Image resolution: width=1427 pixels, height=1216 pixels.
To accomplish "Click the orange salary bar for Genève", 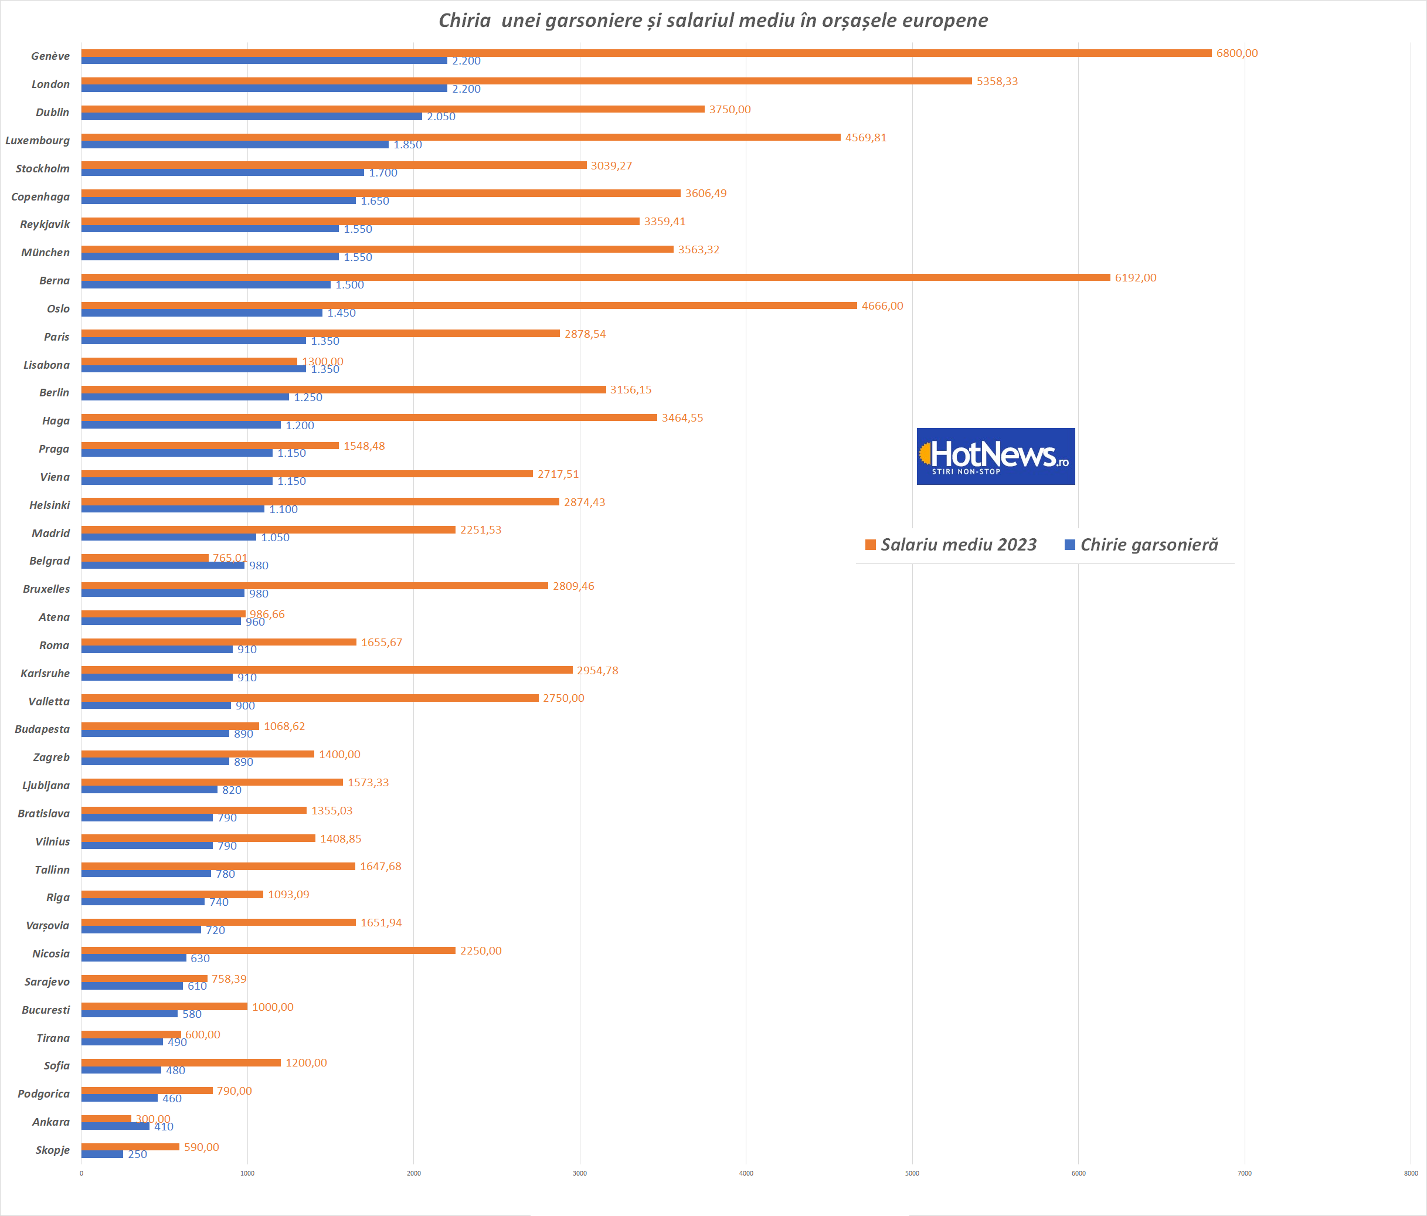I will [646, 53].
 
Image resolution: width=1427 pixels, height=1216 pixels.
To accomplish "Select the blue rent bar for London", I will [264, 89].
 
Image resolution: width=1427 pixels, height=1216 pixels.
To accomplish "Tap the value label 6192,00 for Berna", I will [1135, 278].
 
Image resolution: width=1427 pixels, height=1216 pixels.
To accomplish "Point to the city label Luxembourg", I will [38, 141].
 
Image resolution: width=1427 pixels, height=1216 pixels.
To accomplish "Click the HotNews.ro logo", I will [995, 457].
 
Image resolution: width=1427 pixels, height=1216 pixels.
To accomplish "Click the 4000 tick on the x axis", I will [746, 1173].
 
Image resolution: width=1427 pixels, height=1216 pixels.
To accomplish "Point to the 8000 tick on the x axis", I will [1411, 1173].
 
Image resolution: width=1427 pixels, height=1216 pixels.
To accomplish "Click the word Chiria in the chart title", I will [464, 21].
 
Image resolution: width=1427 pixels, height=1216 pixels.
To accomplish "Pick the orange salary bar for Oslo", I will [469, 305].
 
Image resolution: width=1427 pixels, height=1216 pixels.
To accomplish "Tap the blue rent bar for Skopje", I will [102, 1154].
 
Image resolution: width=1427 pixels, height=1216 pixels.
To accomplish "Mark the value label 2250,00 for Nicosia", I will [481, 951].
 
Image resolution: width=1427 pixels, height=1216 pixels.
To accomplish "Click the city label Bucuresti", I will [46, 1010].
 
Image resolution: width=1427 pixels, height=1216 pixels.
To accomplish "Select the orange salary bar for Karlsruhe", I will [327, 670].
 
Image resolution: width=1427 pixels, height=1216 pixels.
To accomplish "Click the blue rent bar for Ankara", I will [115, 1126].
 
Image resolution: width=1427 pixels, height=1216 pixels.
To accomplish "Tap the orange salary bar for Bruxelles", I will [314, 586].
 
